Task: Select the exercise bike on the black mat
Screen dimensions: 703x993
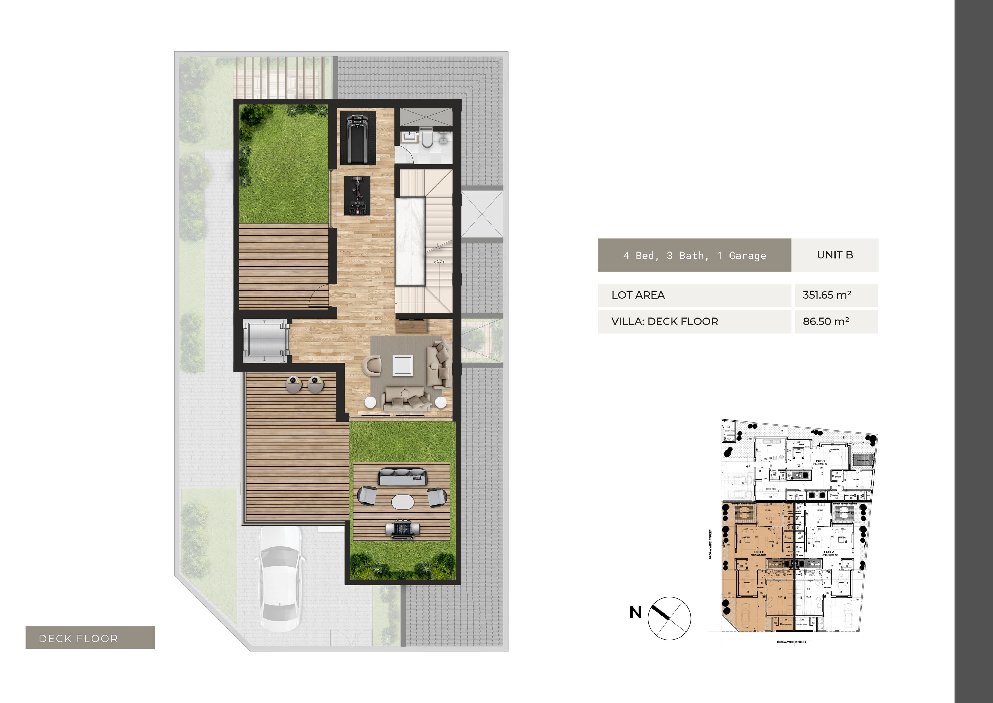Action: click(357, 196)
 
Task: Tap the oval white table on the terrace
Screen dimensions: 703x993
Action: click(402, 502)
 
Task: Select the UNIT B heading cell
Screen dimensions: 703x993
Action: click(835, 255)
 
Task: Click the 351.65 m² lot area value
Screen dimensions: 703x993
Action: click(827, 295)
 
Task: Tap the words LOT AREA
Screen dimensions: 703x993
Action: click(638, 295)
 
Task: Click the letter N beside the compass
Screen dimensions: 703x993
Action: click(635, 612)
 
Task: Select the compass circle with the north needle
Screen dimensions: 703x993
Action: click(669, 618)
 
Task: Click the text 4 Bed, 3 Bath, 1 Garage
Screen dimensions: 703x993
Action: click(694, 255)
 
